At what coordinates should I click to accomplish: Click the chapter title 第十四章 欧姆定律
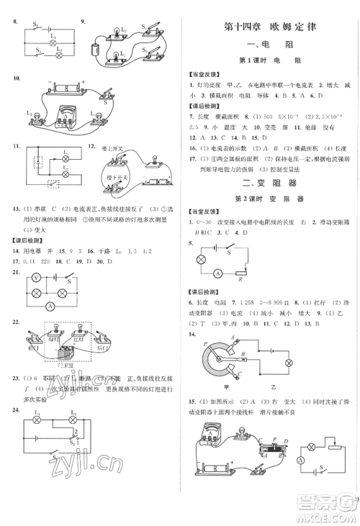pyautogui.click(x=270, y=28)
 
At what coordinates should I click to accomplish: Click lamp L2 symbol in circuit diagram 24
pyautogui.click(x=73, y=418)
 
